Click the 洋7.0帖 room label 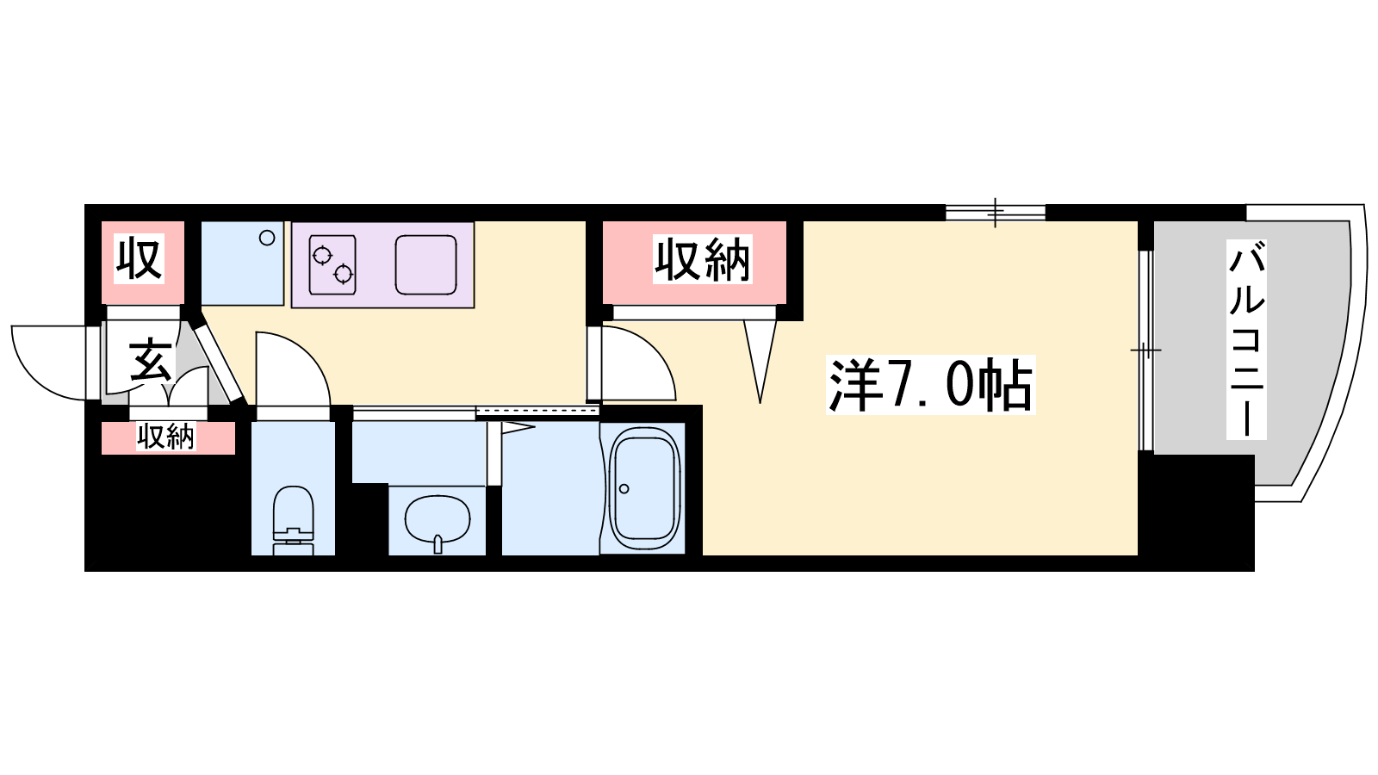930,385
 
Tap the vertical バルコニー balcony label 1246,339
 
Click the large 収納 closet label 702,259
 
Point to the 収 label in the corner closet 139,259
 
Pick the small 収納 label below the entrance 165,437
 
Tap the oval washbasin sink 438,520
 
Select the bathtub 644,488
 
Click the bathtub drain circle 624,489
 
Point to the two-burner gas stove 332,264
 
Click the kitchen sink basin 425,264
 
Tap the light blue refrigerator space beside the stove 242,263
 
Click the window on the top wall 996,213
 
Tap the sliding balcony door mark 1145,350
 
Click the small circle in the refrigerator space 267,238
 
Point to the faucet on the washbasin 438,543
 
